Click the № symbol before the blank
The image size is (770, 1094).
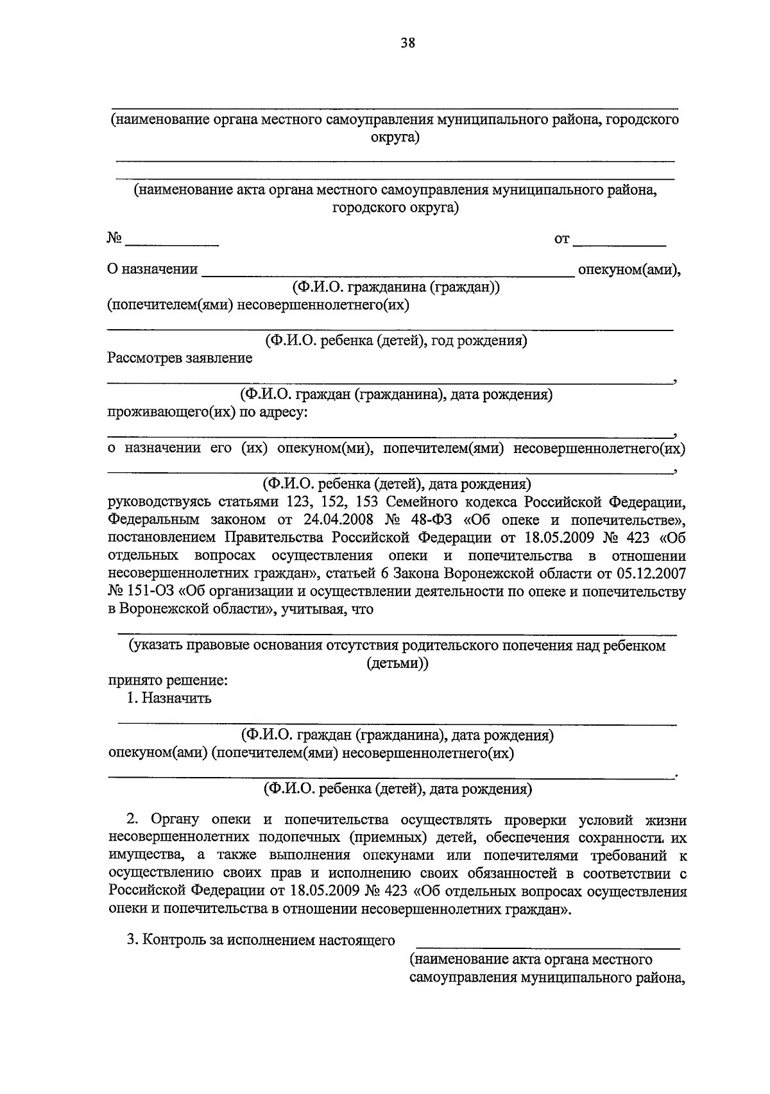click(x=115, y=239)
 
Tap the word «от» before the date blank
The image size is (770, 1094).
click(x=561, y=239)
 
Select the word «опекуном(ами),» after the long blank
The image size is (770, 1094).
click(x=629, y=269)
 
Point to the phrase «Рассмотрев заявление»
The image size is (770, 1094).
click(x=180, y=358)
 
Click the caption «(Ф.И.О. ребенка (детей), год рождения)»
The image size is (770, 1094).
click(x=396, y=341)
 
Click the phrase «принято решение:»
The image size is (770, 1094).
click(x=168, y=680)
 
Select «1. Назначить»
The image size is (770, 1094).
click(x=169, y=698)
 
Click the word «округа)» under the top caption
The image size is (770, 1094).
click(x=395, y=137)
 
